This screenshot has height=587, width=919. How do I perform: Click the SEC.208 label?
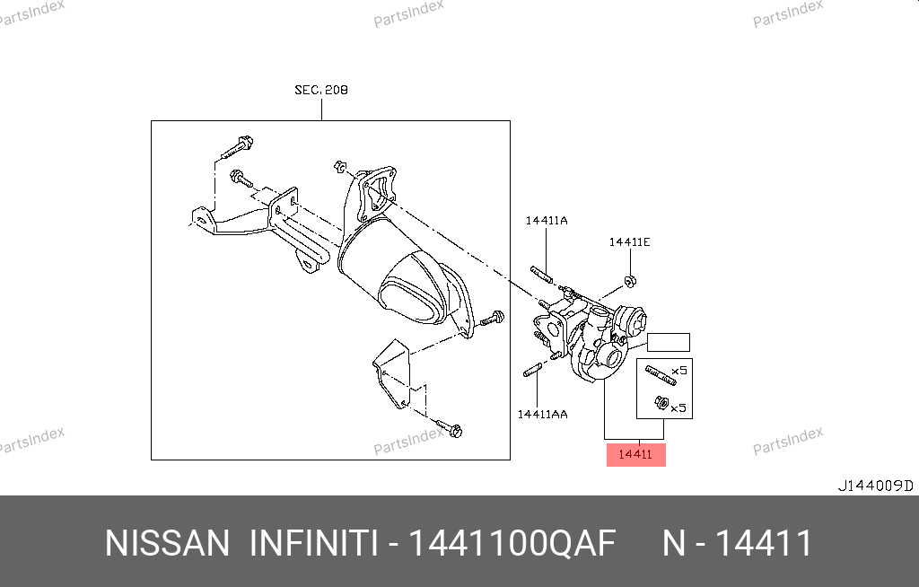321,90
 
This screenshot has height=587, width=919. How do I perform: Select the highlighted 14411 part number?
636,454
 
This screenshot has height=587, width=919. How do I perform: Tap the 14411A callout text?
547,221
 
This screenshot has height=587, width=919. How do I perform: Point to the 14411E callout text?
629,241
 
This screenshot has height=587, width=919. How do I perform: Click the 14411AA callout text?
542,414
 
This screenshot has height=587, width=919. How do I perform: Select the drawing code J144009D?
876,486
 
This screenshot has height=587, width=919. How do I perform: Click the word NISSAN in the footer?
167,543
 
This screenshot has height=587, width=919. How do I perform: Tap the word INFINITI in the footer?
313,543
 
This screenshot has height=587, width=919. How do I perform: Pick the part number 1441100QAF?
512,543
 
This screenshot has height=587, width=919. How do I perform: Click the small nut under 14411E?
631,281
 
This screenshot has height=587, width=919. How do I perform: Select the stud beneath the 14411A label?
541,275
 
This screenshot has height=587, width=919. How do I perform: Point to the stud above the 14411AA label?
532,371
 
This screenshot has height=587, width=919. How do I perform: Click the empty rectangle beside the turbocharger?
668,343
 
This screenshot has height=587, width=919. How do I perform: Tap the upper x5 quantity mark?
679,371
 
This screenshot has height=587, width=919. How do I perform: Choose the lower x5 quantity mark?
678,407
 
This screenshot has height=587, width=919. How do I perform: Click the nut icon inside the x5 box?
661,403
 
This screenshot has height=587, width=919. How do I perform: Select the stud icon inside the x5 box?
661,375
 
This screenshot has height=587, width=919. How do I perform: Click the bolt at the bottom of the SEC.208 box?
450,428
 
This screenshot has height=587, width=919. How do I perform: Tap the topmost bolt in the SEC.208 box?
237,147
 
